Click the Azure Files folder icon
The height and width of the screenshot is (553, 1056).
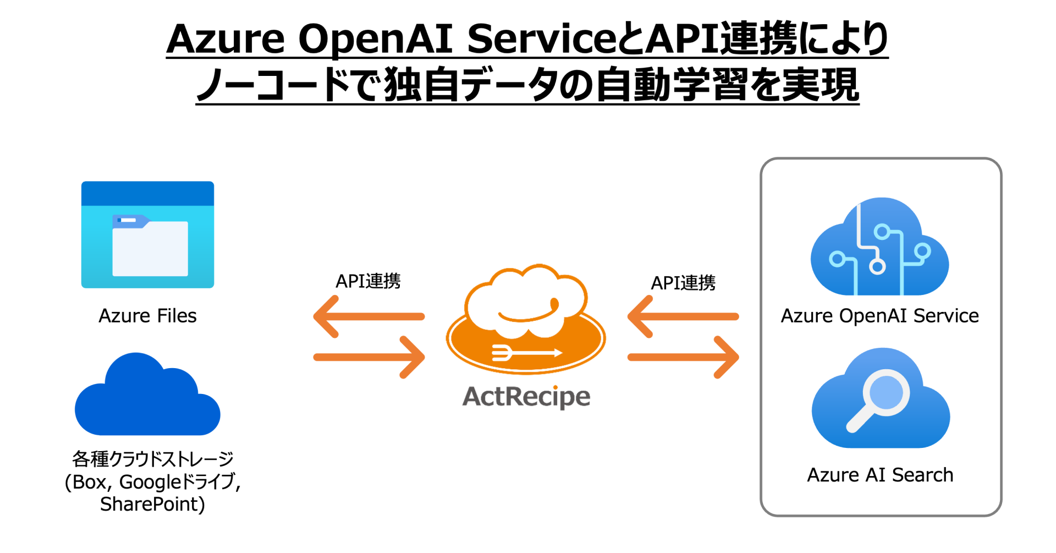tap(147, 235)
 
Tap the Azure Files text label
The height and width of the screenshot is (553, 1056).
tap(147, 316)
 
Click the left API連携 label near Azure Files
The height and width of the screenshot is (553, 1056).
tap(368, 281)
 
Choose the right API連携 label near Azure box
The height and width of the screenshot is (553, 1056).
tap(683, 283)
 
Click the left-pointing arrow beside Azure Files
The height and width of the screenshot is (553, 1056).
tap(369, 316)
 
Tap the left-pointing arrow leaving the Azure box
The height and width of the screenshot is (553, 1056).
tap(683, 316)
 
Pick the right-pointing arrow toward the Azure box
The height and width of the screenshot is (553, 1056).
tap(684, 357)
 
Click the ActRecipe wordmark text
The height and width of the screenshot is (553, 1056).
tap(526, 397)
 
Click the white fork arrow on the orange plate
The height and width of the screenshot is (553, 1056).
tap(526, 353)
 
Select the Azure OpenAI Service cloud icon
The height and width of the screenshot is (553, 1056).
tap(879, 247)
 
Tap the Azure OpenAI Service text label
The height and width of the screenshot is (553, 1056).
tap(879, 316)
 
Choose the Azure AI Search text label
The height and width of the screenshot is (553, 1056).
tap(880, 475)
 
